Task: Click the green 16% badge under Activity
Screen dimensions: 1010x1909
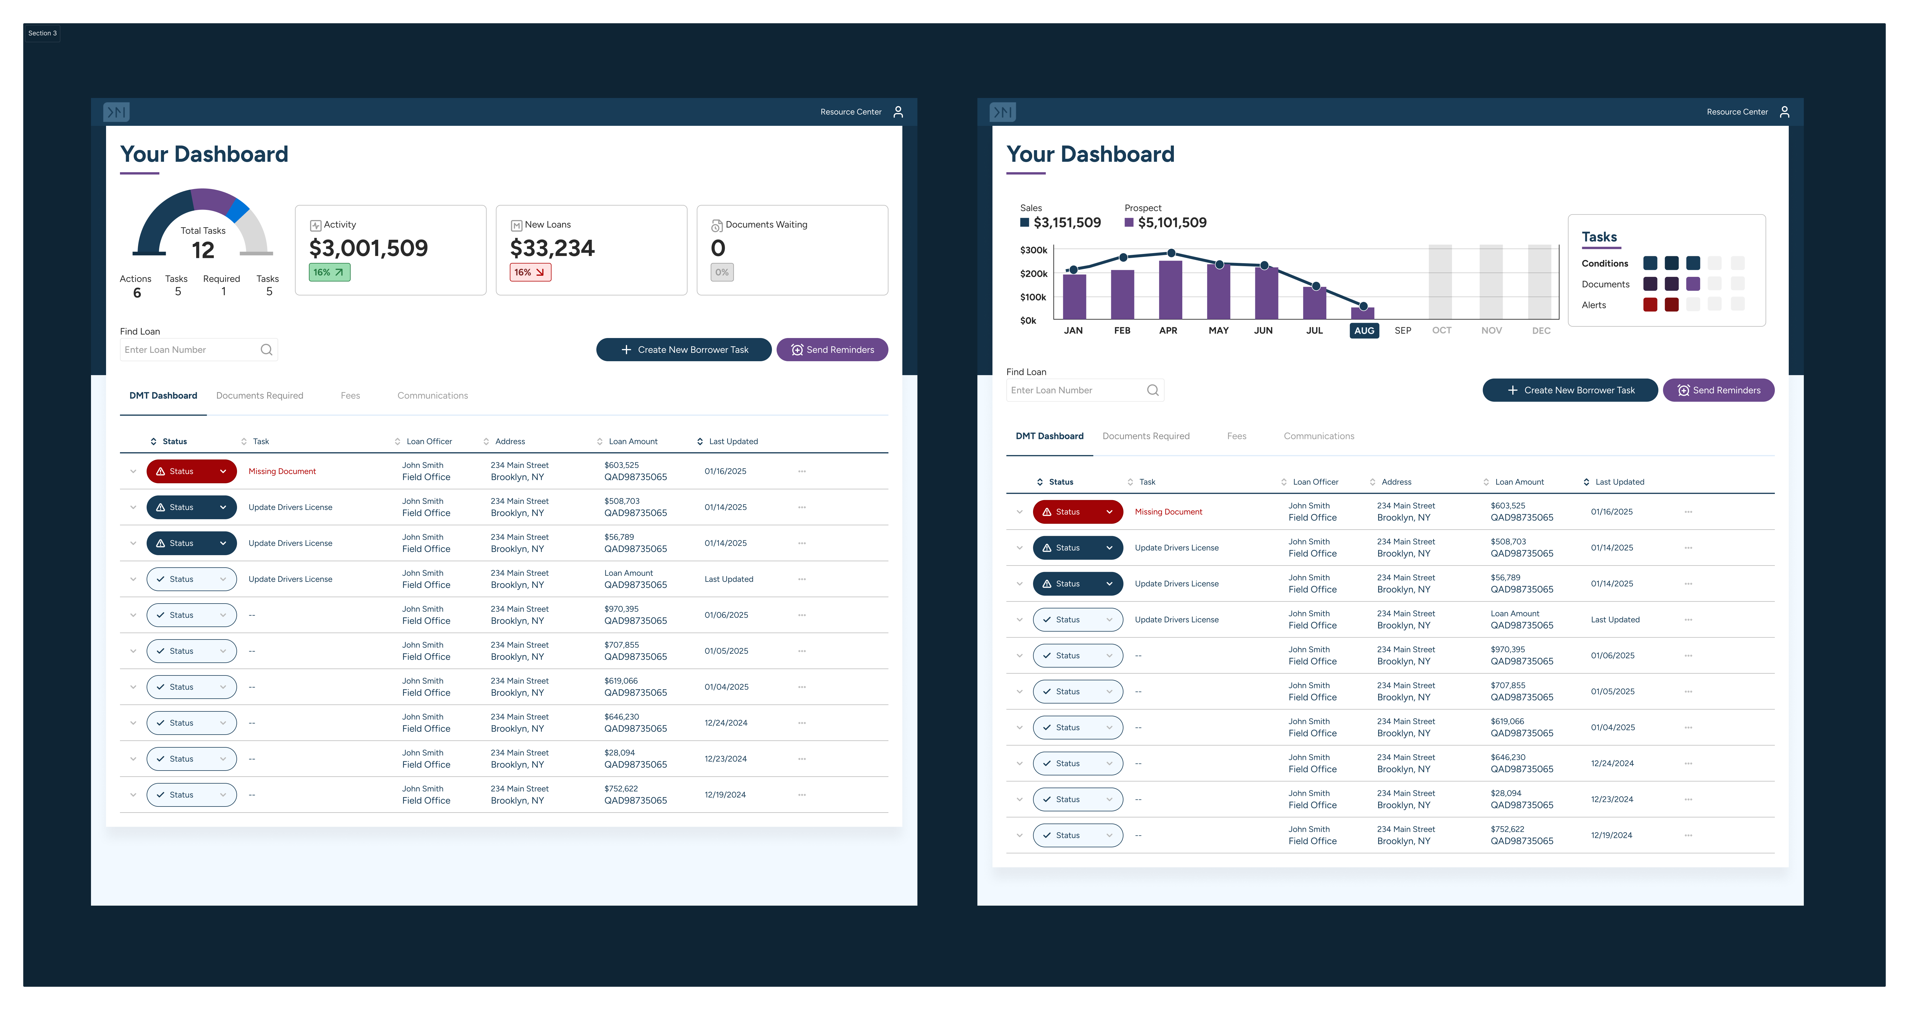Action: point(329,272)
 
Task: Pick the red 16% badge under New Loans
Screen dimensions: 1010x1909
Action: point(530,272)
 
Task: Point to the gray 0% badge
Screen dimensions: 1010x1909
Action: point(722,272)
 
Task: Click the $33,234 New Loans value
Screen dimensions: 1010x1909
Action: point(552,248)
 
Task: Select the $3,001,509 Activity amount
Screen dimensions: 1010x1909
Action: point(368,248)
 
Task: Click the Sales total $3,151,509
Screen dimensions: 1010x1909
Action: point(1067,222)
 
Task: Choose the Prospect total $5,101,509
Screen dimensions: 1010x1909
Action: point(1172,222)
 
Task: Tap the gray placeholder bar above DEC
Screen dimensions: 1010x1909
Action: point(1540,282)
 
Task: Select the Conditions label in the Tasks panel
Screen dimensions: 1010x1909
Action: point(1604,263)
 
